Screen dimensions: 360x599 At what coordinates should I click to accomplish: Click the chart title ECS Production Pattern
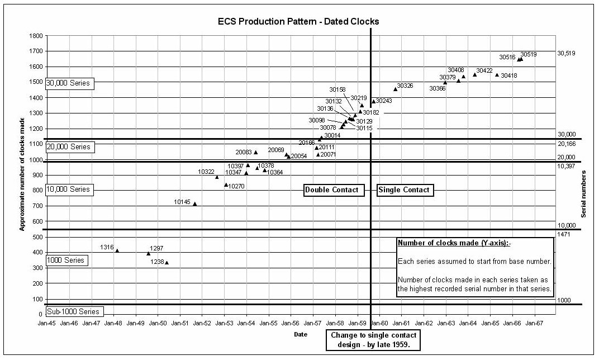click(298, 22)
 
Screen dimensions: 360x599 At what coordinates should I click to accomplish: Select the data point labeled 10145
click(194, 204)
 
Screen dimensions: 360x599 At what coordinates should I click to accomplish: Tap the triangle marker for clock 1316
click(117, 250)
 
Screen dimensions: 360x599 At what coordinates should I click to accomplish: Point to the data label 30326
click(405, 86)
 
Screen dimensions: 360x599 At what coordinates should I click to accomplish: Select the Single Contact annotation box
click(404, 190)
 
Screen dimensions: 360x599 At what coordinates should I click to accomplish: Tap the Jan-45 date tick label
click(47, 323)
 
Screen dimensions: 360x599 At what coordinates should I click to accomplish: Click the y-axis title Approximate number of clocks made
click(22, 174)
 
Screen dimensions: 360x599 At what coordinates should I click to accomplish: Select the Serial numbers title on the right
click(584, 194)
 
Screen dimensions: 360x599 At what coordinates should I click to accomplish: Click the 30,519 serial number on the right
click(566, 54)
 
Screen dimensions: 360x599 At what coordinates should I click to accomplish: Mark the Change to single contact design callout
click(373, 339)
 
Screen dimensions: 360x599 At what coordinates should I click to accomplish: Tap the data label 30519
click(529, 55)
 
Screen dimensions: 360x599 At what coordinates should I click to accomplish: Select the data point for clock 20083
click(256, 152)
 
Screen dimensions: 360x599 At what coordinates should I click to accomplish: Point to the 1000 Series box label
click(66, 260)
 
